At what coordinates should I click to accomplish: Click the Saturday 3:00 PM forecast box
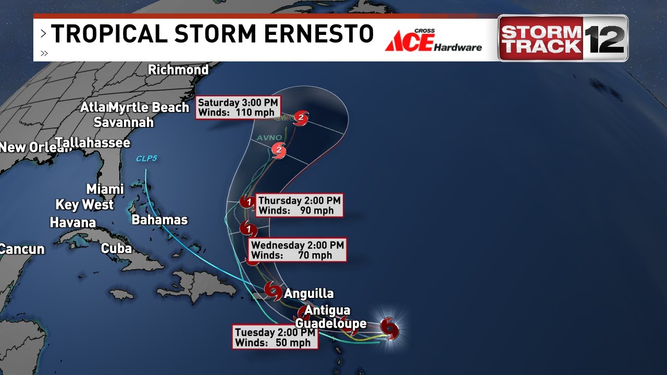point(238,108)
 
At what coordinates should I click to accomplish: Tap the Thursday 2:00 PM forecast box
point(299,205)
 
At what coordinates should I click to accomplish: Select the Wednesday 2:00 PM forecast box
point(297,250)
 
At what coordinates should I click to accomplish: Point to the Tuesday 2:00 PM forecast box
point(275,337)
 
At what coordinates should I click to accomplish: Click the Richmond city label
point(178,70)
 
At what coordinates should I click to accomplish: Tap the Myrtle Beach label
point(150,108)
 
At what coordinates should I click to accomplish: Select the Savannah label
point(123,122)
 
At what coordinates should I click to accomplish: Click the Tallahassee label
point(93,143)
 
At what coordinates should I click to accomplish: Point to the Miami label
point(105,189)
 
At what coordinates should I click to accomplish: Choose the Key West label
point(84,205)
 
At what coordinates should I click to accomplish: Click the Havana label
point(73,223)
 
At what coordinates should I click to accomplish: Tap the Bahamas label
point(159,220)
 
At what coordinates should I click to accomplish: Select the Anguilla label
point(308,294)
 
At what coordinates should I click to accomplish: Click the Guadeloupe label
point(331,323)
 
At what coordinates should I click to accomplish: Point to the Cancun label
point(22,249)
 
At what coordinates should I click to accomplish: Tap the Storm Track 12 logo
point(563,38)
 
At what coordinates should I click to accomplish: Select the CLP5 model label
point(146,158)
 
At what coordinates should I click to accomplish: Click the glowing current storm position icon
point(389,328)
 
